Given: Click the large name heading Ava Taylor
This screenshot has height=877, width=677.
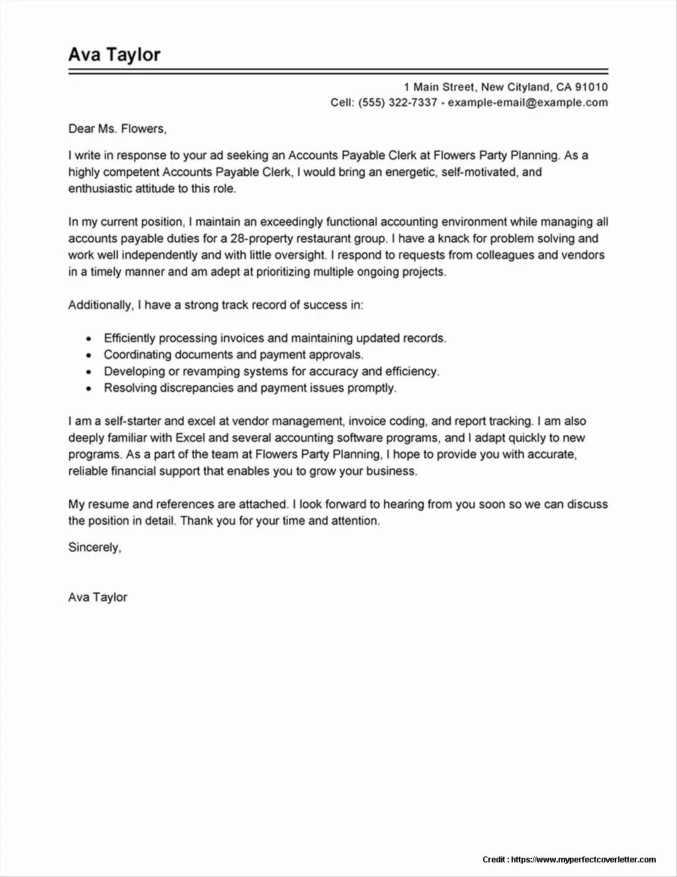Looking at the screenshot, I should click(x=114, y=54).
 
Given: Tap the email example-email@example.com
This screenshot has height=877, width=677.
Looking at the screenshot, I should click(x=527, y=103).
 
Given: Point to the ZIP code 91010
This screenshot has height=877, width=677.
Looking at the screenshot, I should click(x=591, y=87).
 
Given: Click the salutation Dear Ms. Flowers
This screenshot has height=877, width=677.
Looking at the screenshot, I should click(x=117, y=129).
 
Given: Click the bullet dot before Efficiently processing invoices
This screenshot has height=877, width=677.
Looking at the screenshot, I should click(x=88, y=339).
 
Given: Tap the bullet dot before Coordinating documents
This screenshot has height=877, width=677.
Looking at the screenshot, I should click(x=88, y=356).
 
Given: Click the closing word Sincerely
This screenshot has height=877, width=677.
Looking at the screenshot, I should click(x=94, y=548).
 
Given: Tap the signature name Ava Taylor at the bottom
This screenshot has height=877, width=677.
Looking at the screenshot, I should click(x=97, y=597).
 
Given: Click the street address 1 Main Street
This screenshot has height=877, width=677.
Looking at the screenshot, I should click(x=439, y=87).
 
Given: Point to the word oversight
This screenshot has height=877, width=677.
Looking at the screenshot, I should click(x=301, y=255).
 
